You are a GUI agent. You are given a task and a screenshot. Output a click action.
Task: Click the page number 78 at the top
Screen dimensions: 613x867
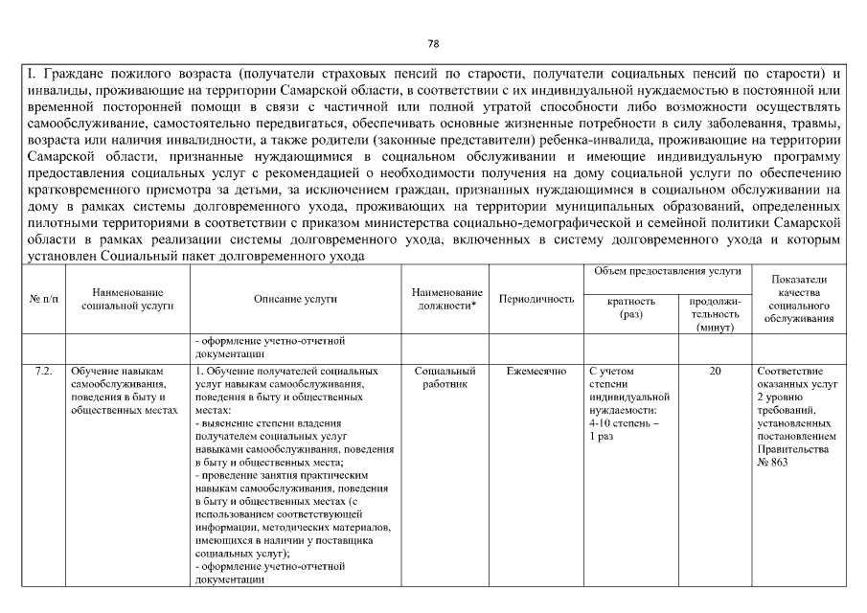[433, 44]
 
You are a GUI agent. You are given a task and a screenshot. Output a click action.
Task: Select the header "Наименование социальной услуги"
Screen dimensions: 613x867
[127, 299]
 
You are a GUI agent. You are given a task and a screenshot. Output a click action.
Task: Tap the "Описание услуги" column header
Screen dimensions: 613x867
[295, 299]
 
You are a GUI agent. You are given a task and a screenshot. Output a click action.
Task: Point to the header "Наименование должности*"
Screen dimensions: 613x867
[446, 299]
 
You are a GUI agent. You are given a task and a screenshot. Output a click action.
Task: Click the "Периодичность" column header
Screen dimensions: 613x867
[537, 299]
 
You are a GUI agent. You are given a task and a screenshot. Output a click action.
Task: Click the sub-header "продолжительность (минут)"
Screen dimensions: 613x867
[715, 313]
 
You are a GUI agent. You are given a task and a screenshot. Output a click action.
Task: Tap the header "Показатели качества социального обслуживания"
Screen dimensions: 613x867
[800, 299]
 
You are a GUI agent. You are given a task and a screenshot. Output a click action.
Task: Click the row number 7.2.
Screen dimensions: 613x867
[41, 371]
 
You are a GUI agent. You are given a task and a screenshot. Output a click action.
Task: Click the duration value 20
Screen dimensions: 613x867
[715, 371]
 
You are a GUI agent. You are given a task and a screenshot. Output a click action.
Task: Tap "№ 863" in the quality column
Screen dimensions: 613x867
[772, 463]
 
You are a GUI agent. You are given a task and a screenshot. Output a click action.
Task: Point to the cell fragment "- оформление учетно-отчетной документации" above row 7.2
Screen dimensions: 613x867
[269, 346]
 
